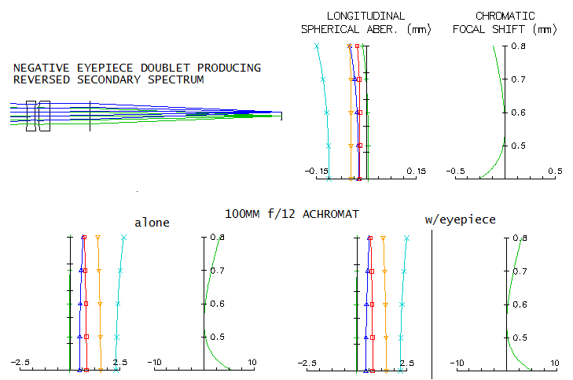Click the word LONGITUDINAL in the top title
click(x=365, y=16)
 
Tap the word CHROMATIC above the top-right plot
click(x=505, y=16)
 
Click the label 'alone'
click(x=152, y=223)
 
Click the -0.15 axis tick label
click(x=316, y=171)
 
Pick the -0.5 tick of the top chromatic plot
click(x=455, y=171)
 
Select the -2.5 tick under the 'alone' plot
click(x=20, y=362)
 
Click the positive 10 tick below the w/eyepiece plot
click(x=554, y=363)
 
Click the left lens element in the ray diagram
click(x=31, y=116)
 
